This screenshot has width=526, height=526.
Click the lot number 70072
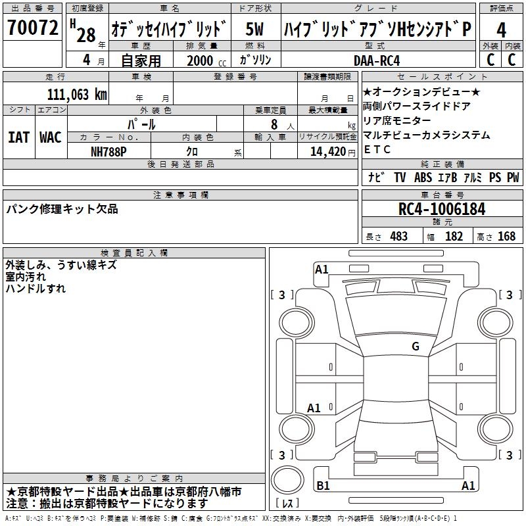click(x=32, y=28)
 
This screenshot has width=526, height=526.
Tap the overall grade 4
click(x=501, y=30)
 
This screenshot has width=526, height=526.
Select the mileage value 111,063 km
click(x=77, y=95)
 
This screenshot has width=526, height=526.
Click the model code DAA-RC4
click(x=377, y=60)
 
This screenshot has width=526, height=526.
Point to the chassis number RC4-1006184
click(x=442, y=209)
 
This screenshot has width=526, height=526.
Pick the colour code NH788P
click(x=108, y=152)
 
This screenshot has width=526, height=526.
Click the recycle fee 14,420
click(x=327, y=152)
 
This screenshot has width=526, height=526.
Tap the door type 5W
click(x=254, y=29)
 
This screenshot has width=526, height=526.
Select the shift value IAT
click(x=19, y=137)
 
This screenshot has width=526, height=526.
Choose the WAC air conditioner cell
click(x=51, y=137)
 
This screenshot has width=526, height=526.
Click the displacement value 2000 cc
click(x=206, y=60)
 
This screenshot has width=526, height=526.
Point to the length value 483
click(x=399, y=237)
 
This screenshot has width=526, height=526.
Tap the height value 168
click(x=506, y=237)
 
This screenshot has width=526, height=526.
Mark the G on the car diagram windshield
click(x=416, y=347)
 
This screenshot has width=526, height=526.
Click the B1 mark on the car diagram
click(x=323, y=485)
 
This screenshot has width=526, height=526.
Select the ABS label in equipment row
click(x=423, y=178)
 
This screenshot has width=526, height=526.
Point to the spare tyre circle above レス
click(x=287, y=480)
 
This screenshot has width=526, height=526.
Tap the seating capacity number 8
click(x=274, y=124)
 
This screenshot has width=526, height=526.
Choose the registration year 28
click(x=86, y=36)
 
